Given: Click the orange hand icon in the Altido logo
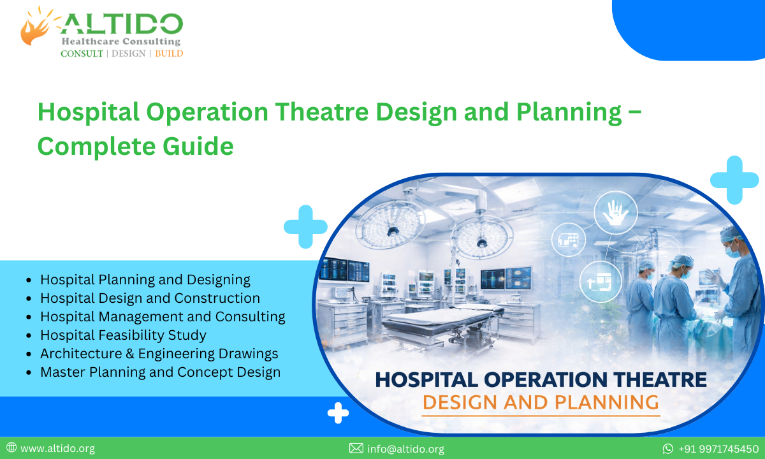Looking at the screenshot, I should coord(38,27).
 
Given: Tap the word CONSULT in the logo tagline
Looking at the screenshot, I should coord(82,54).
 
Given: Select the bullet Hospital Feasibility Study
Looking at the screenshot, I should coord(123,335).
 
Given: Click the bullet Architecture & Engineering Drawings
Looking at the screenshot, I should coord(159,353).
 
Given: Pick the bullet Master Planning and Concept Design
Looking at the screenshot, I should coord(160,372).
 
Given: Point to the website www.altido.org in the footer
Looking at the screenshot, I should coord(57,449).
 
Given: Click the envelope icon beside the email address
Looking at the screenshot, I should coord(356,449).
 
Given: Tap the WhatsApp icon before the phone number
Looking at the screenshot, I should coord(668,449).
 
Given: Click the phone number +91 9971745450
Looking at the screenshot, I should coord(718,449).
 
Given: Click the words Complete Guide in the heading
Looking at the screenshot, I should coord(135,146).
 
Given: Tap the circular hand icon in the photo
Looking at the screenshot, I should coord(615,212).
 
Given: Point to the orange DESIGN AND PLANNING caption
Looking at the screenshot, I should coord(541,402).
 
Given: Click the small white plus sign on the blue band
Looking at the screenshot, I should coord(338,413).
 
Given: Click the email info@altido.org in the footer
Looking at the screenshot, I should coord(405,449).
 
